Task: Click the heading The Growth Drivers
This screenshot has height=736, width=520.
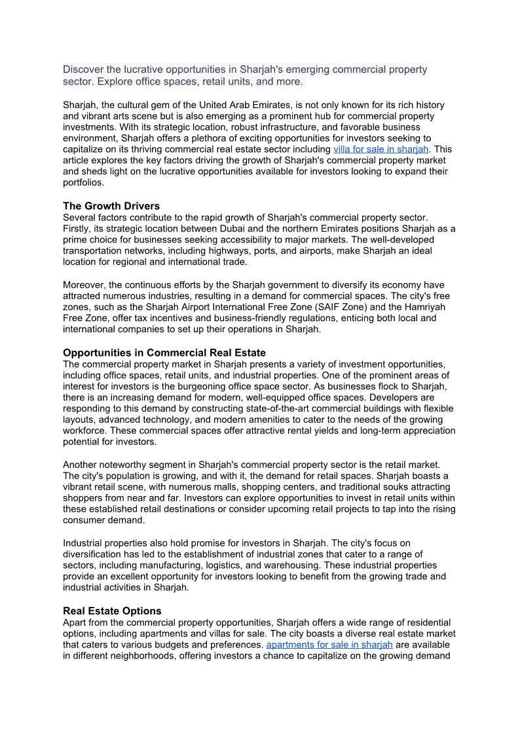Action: point(111,206)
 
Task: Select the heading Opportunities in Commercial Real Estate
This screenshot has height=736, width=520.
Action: point(164,353)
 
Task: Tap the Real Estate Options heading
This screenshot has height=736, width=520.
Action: point(112,611)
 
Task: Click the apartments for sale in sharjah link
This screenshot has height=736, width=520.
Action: point(329,644)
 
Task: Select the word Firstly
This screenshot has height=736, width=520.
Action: point(79,229)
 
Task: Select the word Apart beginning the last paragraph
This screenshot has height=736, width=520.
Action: point(75,622)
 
